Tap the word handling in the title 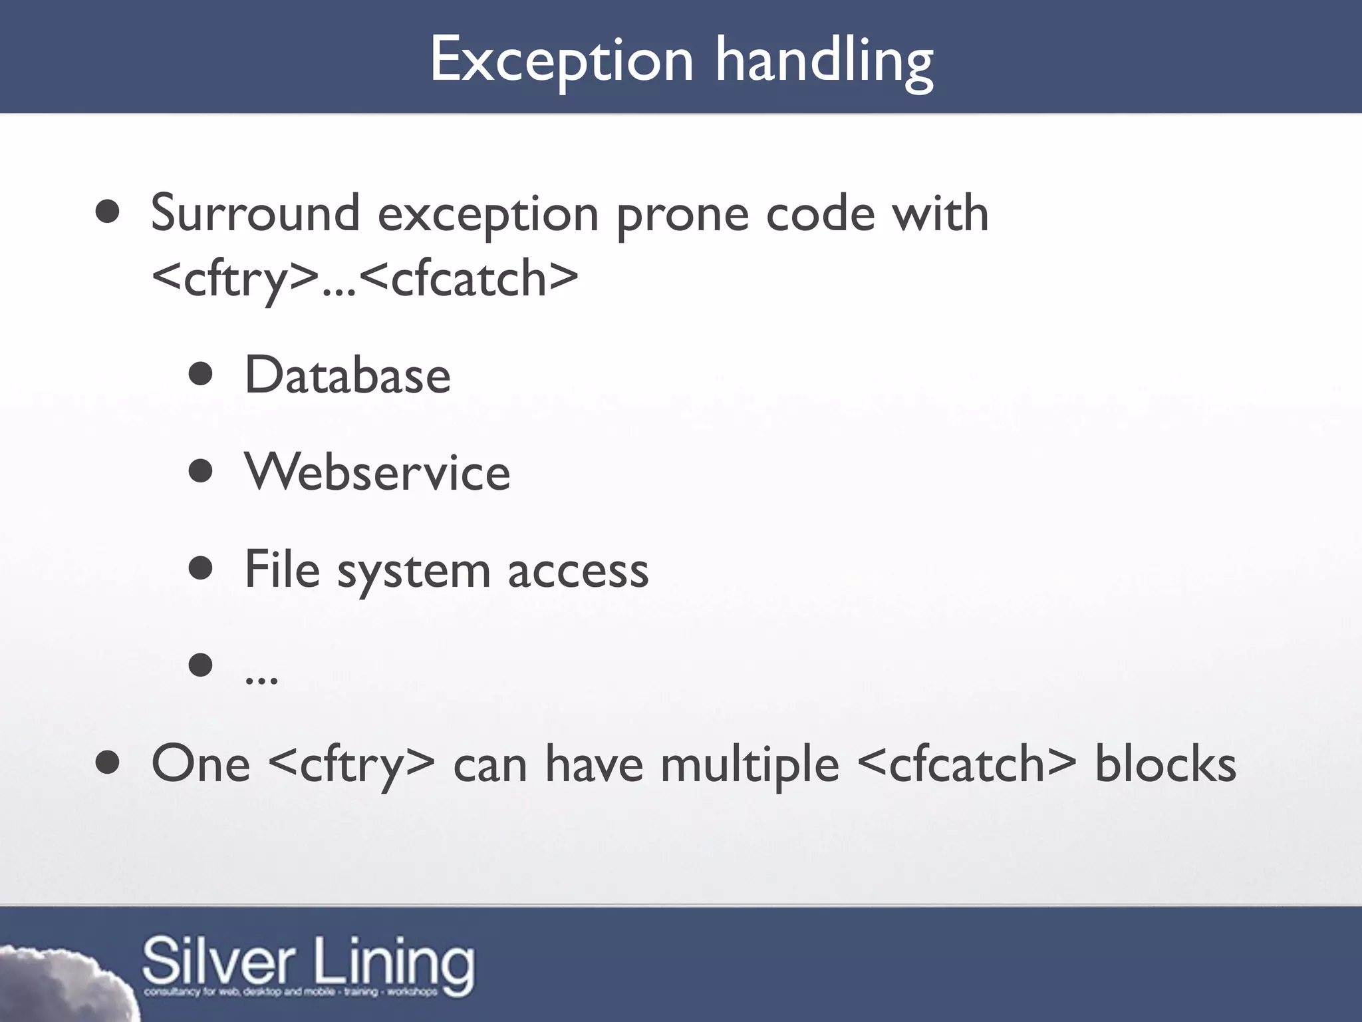point(824,61)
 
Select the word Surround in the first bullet point(255,214)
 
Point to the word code point(821,214)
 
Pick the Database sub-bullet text point(347,375)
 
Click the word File point(282,570)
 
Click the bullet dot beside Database point(200,375)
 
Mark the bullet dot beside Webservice point(200,472)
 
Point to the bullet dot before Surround point(107,213)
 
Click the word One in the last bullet point(201,764)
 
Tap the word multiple point(749,765)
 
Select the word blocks point(1165,764)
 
